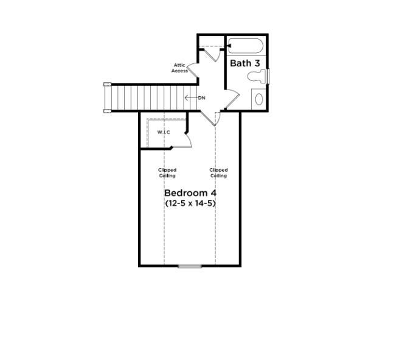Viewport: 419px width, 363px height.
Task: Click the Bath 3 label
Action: (x=245, y=63)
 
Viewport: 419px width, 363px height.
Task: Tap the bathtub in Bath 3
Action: (x=244, y=47)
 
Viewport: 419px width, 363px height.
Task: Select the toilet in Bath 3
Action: (x=258, y=77)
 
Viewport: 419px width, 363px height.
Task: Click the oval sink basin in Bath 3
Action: (x=258, y=99)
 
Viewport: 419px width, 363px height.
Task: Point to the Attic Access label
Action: (x=179, y=68)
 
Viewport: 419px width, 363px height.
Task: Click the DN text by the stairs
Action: (x=201, y=98)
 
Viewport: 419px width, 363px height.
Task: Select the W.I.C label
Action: (x=164, y=132)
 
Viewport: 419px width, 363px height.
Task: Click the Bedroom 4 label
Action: (x=190, y=193)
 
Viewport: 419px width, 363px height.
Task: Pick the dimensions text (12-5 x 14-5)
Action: (x=190, y=203)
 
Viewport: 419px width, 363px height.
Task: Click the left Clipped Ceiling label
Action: (x=167, y=173)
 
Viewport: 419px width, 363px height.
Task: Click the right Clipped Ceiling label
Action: (x=218, y=173)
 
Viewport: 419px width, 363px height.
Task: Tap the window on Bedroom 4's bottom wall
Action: (x=190, y=266)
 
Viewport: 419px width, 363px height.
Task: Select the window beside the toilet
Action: (x=268, y=77)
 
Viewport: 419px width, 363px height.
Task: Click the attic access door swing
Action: (x=192, y=72)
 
